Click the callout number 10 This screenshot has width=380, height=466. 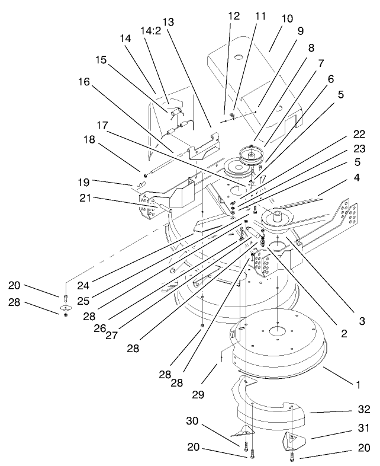287,18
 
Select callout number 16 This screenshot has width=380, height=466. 84,82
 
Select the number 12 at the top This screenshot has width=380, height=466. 233,15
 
